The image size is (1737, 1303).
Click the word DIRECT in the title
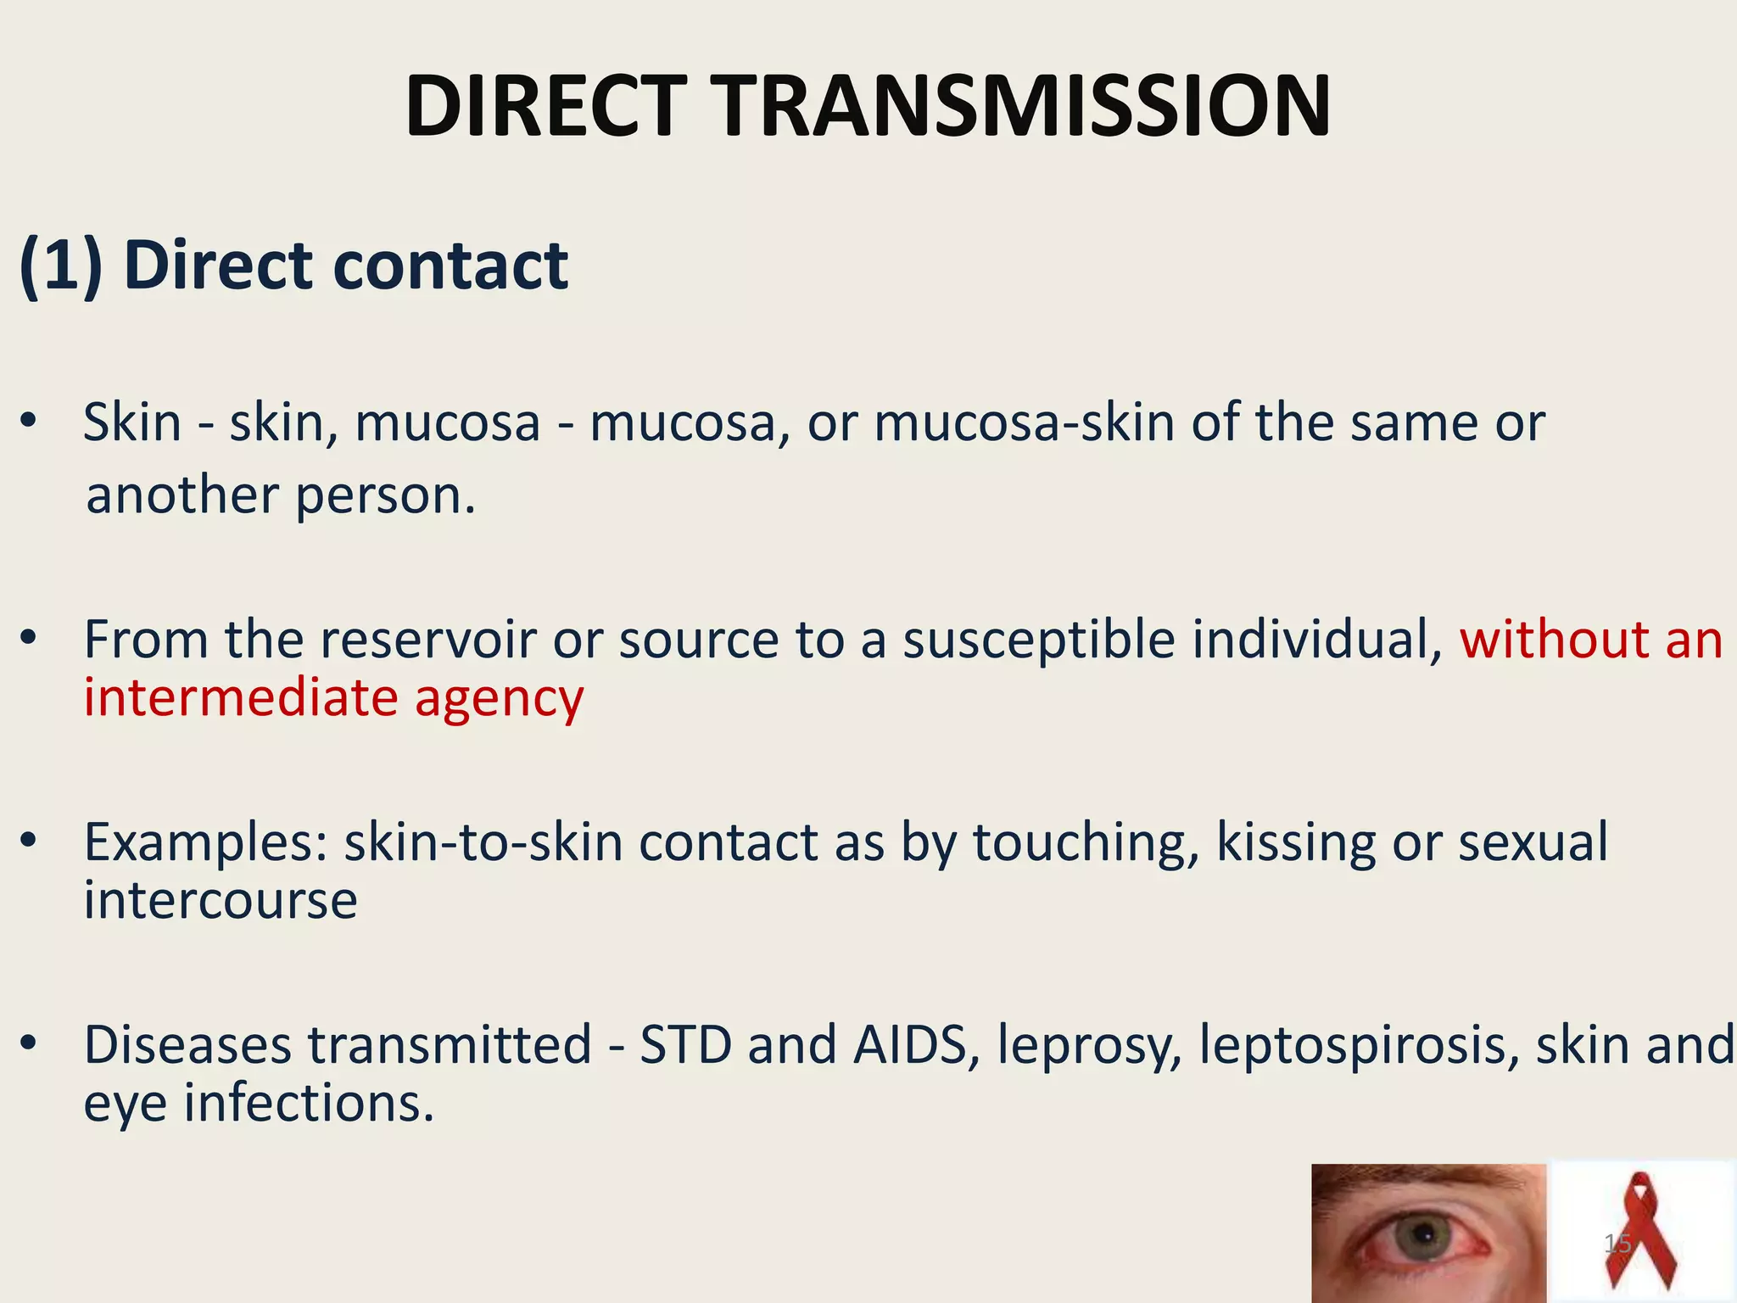click(545, 107)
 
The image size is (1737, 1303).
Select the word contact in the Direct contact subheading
click(450, 265)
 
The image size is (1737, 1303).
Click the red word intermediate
click(241, 697)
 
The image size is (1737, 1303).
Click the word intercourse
click(221, 899)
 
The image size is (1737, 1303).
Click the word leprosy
click(1089, 1046)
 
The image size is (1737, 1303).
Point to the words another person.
click(280, 495)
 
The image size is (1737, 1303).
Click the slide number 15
click(1617, 1244)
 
